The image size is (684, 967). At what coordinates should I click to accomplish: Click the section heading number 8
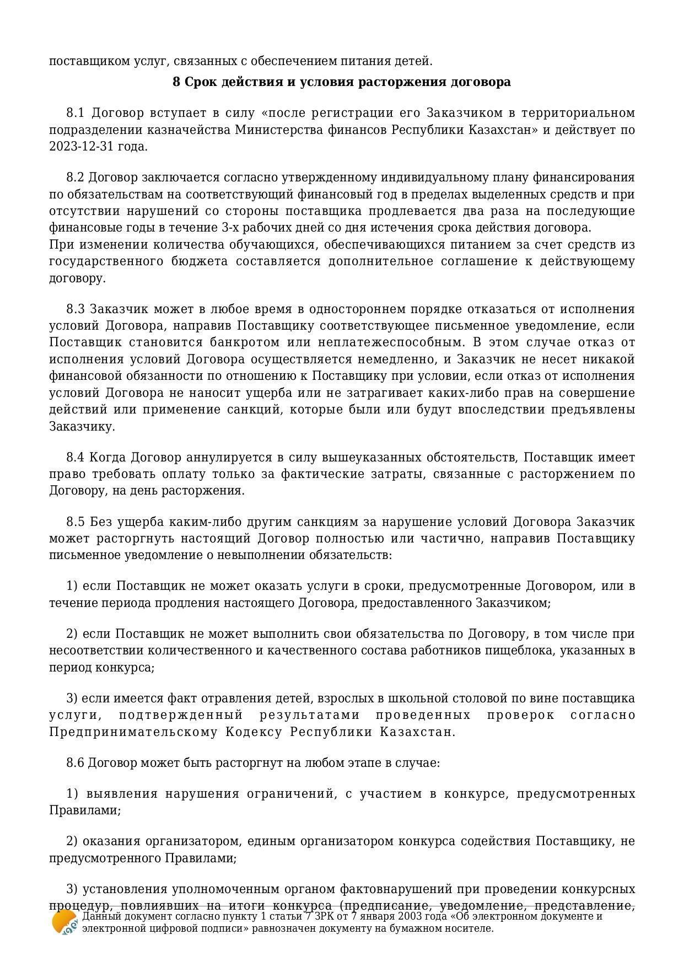(176, 82)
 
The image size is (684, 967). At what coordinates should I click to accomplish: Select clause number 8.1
(75, 113)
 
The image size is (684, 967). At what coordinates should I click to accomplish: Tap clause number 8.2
(75, 178)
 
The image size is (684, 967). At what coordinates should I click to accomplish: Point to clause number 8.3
(75, 309)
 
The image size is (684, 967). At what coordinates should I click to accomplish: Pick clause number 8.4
(75, 458)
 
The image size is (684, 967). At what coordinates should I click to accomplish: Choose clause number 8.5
(75, 522)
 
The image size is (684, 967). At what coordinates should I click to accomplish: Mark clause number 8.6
(75, 763)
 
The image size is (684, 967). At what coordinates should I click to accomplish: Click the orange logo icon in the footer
(64, 922)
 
